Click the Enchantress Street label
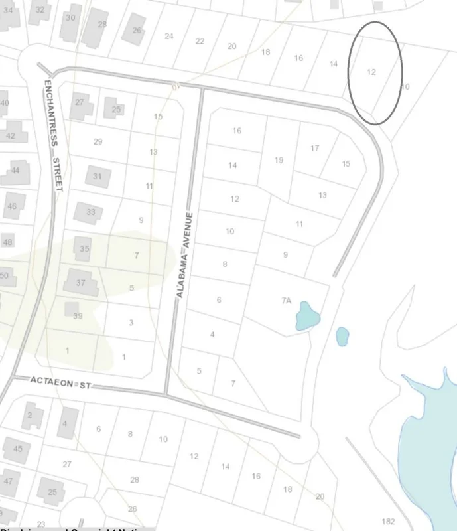[52, 135]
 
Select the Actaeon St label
[60, 382]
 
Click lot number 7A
[286, 301]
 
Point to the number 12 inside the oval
[371, 72]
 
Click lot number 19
[279, 160]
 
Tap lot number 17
[315, 148]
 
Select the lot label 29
[98, 142]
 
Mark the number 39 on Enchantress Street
[78, 316]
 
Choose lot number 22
[200, 41]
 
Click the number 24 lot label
[169, 36]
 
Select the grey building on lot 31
[98, 177]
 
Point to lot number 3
[131, 323]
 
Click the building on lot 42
[13, 133]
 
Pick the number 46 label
[12, 206]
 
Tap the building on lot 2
[31, 416]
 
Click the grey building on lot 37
[80, 283]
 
